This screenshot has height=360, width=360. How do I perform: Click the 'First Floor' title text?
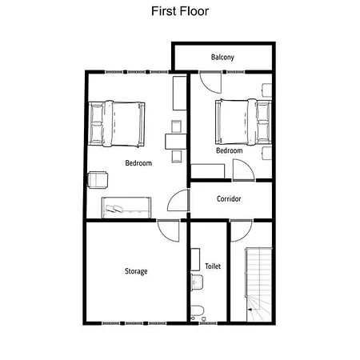[x=179, y=12]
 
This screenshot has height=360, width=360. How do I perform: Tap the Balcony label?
[x=222, y=58]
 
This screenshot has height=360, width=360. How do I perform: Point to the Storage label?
[x=136, y=271]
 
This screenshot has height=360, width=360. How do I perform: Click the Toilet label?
[x=213, y=266]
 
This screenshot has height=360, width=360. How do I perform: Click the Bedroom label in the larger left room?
[x=138, y=164]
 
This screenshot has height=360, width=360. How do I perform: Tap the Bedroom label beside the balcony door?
[x=230, y=150]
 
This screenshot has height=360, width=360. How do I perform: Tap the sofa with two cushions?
[x=126, y=206]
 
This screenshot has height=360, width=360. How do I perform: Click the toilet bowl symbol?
[x=198, y=311]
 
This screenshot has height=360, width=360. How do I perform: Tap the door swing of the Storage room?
[x=170, y=232]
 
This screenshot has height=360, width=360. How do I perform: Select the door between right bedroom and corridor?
[x=242, y=170]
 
